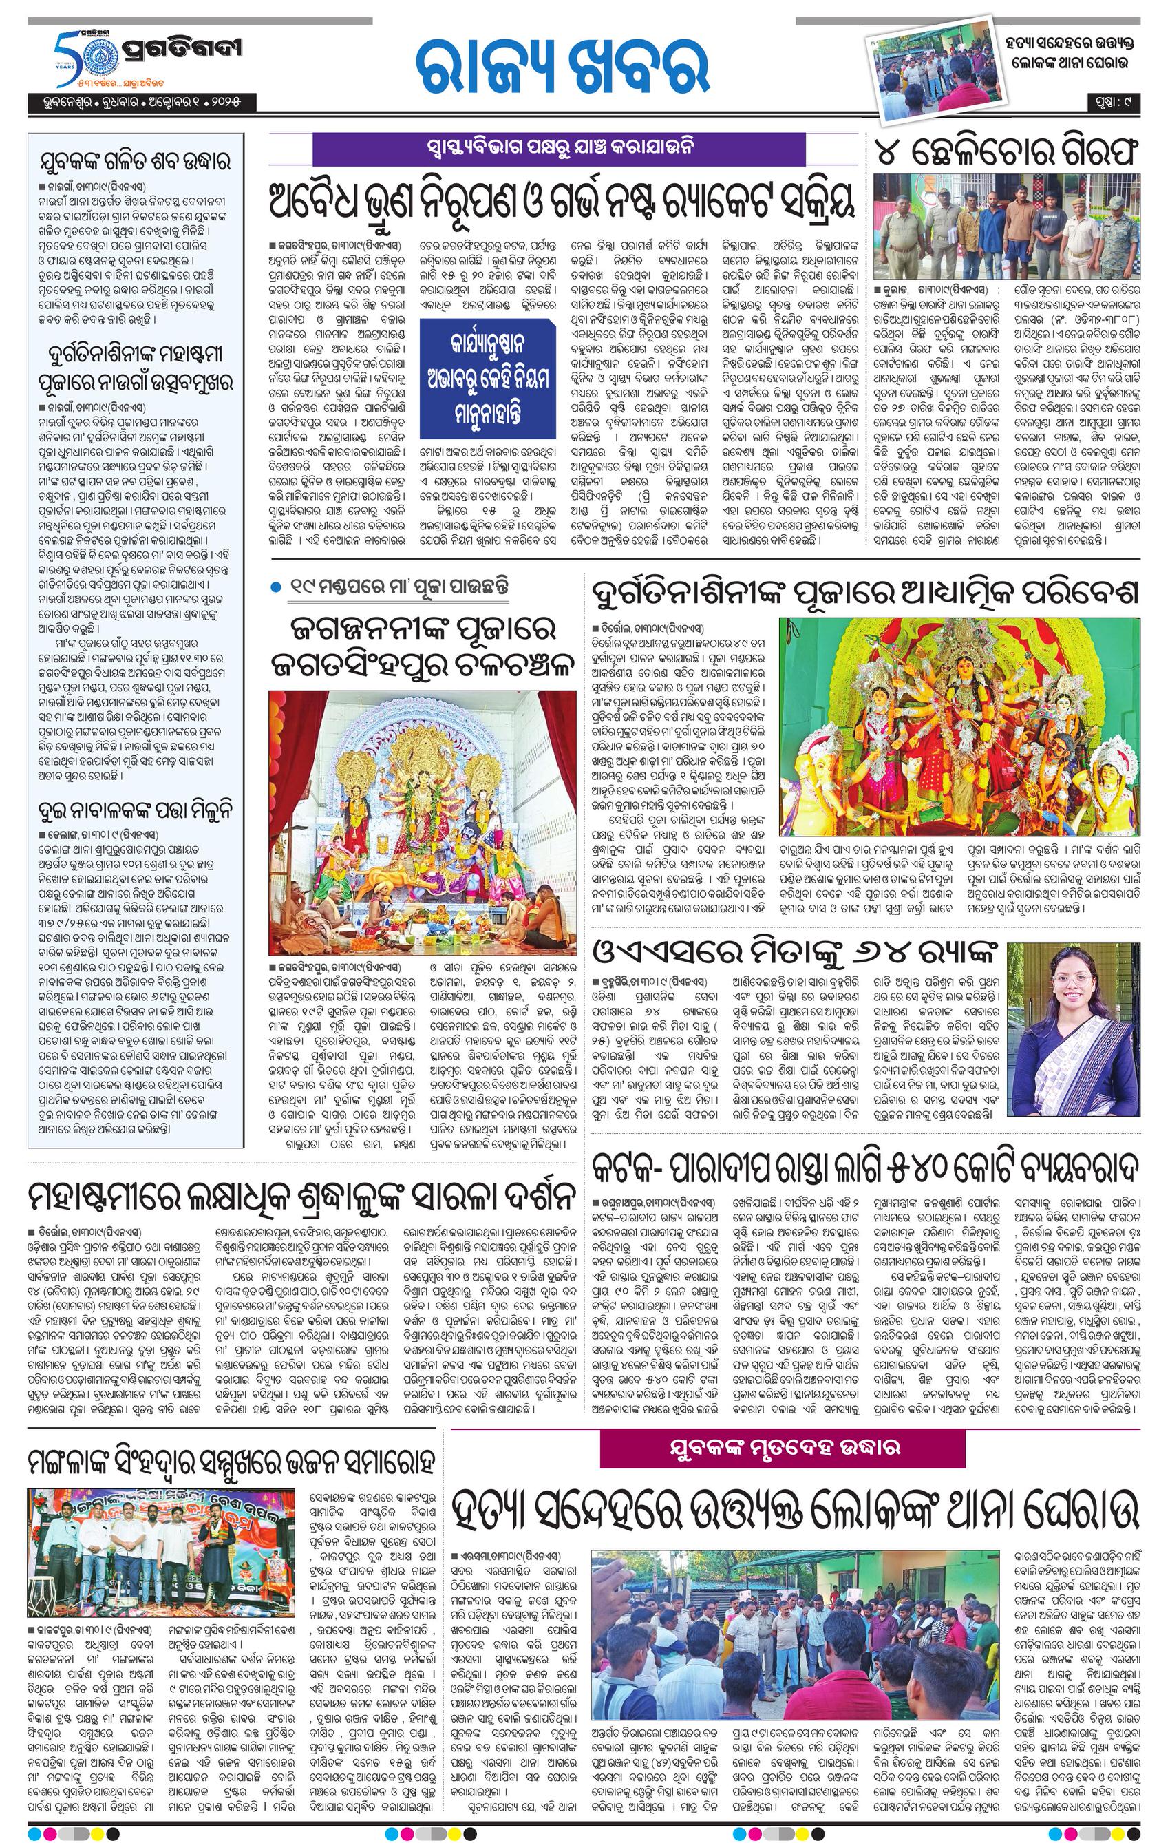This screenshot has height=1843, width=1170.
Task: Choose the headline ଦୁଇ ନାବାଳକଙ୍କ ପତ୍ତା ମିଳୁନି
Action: point(136,810)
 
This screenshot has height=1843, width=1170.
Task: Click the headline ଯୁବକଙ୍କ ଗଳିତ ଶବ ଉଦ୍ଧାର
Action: point(136,162)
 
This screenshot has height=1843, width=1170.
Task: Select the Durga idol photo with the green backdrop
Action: point(959,726)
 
